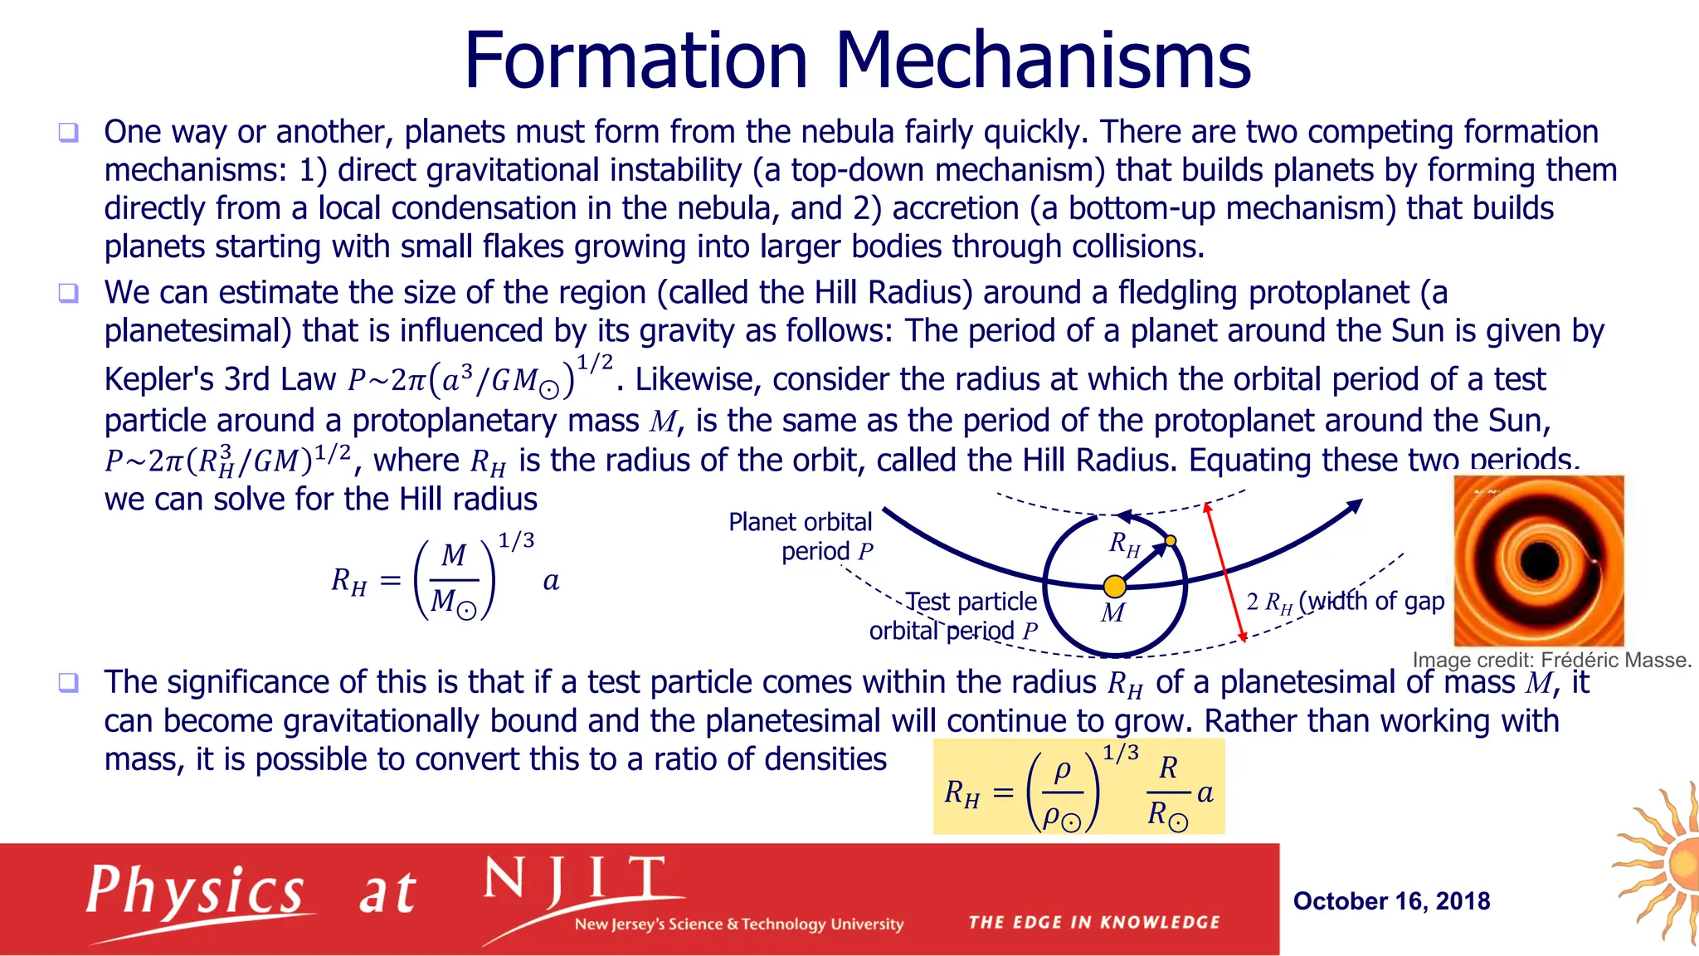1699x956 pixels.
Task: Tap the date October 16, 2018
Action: point(1391,900)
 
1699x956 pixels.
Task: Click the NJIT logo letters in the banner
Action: point(574,882)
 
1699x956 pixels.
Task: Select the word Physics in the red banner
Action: point(196,893)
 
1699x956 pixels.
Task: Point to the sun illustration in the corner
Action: point(1662,863)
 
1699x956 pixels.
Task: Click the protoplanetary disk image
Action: point(1539,560)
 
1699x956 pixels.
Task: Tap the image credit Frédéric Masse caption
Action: point(1551,660)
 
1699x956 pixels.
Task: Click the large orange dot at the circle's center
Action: point(1114,587)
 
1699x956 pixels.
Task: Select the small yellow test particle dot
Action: point(1171,541)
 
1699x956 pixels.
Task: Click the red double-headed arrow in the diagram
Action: point(1225,573)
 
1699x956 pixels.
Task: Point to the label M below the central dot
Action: point(1112,614)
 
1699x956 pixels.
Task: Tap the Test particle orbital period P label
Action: point(954,616)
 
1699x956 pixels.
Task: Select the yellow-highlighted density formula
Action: point(1078,787)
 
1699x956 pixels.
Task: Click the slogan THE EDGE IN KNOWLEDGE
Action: point(1094,922)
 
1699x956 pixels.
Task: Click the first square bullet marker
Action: point(68,133)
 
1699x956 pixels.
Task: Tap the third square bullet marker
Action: point(68,683)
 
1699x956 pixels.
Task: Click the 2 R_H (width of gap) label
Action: point(1345,601)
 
